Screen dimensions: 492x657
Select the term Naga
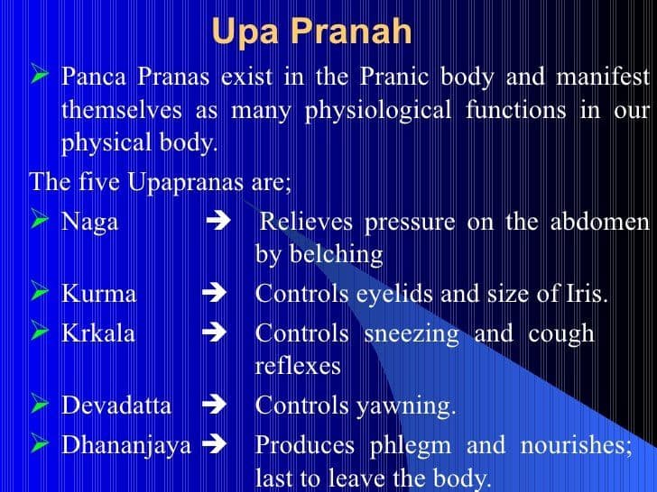[89, 222]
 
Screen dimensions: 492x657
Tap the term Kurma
[98, 294]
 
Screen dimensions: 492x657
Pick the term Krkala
[97, 333]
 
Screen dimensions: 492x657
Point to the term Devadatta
[116, 405]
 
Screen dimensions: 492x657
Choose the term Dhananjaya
[125, 444]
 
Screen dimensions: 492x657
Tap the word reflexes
[298, 367]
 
